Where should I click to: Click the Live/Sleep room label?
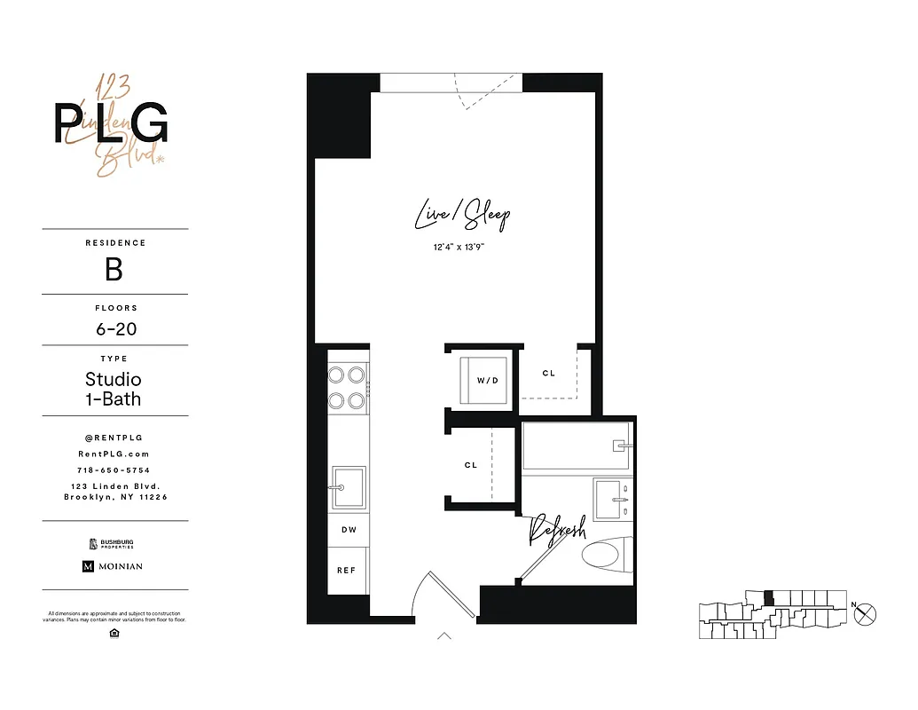462,216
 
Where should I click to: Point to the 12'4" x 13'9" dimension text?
459,248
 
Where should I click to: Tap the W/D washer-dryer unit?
483,380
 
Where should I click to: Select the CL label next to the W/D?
549,374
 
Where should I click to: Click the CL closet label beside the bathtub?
471,465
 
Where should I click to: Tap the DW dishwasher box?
347,529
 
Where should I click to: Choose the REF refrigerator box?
347,570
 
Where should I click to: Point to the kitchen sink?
348,487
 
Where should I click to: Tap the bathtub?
577,446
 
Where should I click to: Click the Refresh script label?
557,531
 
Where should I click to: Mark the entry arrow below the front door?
444,635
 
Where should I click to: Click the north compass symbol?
867,612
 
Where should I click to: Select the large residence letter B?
114,270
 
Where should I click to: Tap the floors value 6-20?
116,329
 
